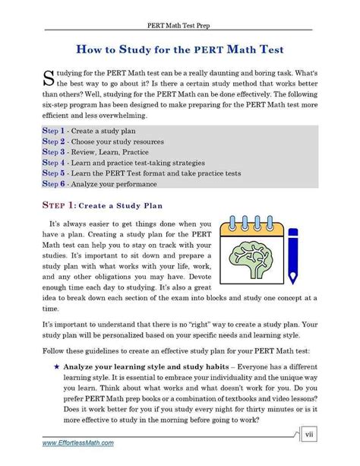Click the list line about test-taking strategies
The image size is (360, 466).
pos(123,163)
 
